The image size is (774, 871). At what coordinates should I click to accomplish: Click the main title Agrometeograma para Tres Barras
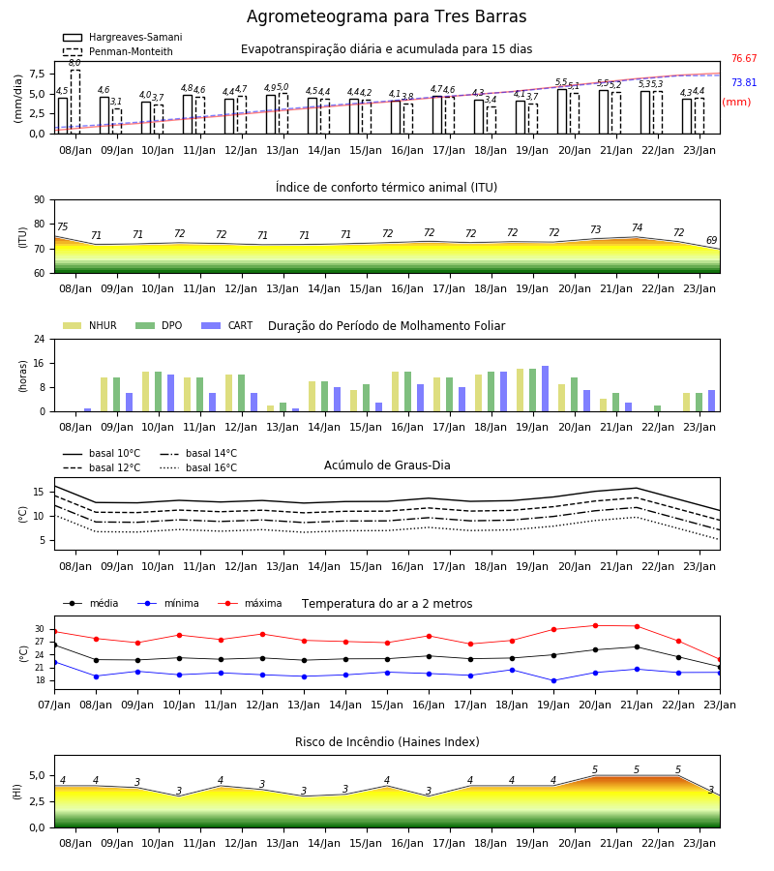(386, 16)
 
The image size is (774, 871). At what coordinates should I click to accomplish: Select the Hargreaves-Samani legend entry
(122, 37)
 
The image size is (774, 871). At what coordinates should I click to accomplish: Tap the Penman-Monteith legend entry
(118, 51)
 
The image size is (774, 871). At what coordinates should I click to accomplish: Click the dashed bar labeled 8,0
(75, 102)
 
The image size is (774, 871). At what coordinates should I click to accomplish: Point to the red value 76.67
(744, 58)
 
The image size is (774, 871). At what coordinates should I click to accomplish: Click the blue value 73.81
(744, 83)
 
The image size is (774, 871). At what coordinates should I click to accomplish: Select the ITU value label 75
(62, 226)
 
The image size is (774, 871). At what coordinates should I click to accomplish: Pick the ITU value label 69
(711, 241)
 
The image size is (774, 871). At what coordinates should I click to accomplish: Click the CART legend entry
(227, 325)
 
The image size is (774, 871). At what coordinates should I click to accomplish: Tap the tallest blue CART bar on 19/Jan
(546, 389)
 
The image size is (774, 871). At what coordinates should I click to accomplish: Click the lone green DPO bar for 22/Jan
(657, 408)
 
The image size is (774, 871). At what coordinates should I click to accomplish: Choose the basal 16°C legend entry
(198, 467)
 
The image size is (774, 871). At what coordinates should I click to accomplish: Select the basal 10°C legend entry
(102, 453)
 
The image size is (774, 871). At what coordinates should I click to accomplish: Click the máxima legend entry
(250, 603)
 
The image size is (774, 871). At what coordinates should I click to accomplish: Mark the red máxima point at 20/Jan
(595, 625)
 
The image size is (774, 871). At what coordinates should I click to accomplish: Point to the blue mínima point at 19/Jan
(553, 680)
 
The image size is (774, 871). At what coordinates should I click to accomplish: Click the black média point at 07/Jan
(55, 645)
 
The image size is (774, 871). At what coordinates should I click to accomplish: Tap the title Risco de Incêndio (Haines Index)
(387, 741)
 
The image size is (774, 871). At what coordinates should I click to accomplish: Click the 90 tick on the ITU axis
(40, 200)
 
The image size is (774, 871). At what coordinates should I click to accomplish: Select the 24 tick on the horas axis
(40, 339)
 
